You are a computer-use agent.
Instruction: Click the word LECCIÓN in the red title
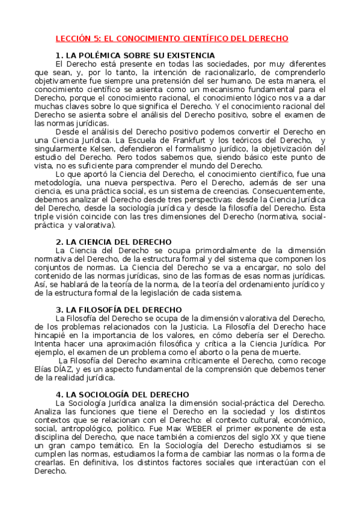(73, 38)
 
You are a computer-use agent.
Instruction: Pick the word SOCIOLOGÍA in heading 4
(106, 394)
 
